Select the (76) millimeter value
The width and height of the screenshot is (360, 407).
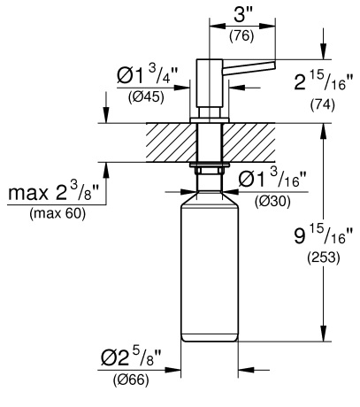[x=241, y=36]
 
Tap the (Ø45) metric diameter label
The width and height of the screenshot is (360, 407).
[x=146, y=96]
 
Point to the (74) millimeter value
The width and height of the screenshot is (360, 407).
[x=323, y=105]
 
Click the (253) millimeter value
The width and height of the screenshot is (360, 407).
[x=324, y=257]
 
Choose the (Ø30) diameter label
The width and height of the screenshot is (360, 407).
[x=272, y=202]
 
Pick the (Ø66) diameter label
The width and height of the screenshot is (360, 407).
[x=131, y=380]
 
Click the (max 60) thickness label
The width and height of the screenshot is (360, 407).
[x=57, y=213]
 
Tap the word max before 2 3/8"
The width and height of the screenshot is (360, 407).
[x=28, y=194]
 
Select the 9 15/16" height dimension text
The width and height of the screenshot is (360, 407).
[x=324, y=236]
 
